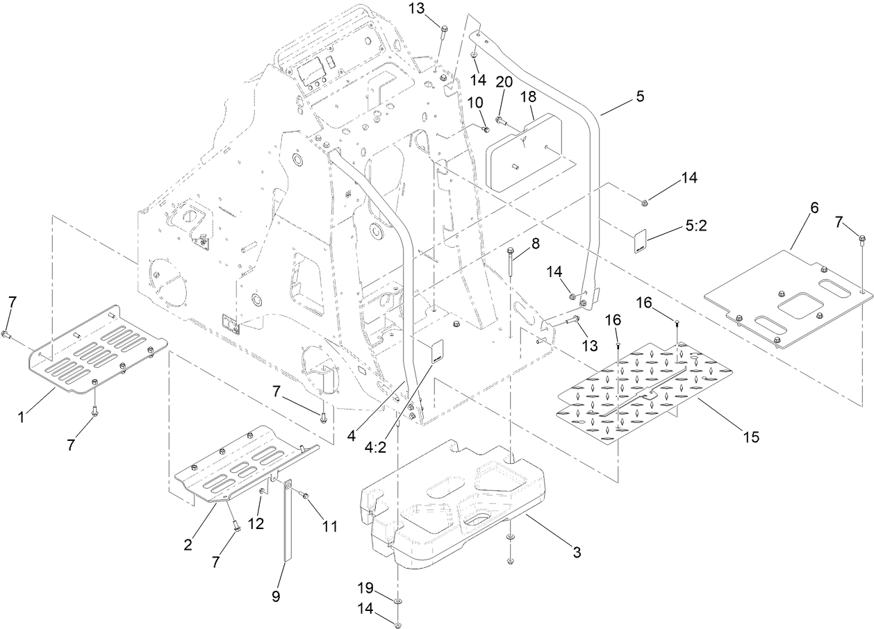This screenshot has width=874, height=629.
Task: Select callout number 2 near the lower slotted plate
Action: (188, 544)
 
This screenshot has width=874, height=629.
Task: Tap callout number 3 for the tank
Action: (576, 553)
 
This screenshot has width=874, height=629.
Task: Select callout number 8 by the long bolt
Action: (534, 244)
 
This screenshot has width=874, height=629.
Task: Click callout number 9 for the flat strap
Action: (276, 596)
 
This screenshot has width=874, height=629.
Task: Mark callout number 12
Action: (256, 523)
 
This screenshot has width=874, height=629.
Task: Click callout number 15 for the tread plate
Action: (750, 437)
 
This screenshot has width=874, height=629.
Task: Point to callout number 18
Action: (529, 95)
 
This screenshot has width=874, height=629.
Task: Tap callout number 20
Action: (504, 81)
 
